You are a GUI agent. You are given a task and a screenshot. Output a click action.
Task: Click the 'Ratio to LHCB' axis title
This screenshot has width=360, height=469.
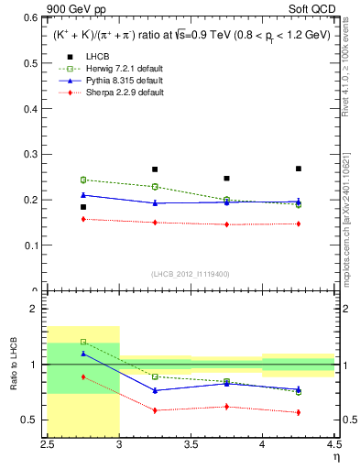coord(14,365)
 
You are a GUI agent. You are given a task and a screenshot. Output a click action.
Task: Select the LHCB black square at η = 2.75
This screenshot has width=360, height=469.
coord(83,207)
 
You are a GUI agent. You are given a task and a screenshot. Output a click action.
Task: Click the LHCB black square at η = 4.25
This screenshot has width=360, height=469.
coord(299,169)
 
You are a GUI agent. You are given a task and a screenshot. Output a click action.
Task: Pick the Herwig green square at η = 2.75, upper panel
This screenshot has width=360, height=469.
coord(83,180)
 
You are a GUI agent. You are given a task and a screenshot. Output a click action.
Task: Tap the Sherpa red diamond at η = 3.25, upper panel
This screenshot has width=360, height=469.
coord(155,223)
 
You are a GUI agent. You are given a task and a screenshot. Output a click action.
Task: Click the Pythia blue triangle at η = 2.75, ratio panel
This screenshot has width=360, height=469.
coord(83,354)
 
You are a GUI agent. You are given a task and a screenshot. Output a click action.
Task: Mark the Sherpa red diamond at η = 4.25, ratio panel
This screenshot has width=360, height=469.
coord(299,412)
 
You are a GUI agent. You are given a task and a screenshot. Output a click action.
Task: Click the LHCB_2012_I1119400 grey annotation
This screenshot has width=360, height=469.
coord(191,274)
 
